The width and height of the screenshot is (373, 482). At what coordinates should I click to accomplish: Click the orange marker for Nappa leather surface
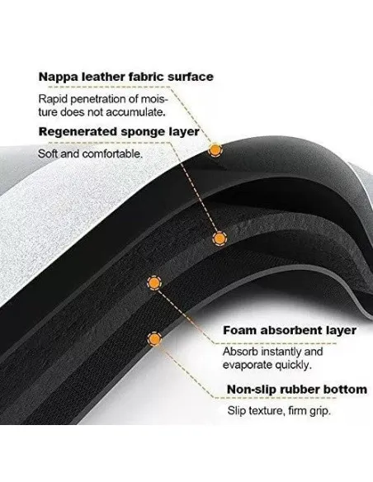pyautogui.click(x=215, y=150)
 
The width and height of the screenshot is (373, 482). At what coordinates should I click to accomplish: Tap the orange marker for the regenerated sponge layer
pyautogui.click(x=220, y=239)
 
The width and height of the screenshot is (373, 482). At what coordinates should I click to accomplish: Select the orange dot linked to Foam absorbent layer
pyautogui.click(x=154, y=283)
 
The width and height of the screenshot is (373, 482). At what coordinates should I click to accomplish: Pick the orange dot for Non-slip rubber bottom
pyautogui.click(x=154, y=338)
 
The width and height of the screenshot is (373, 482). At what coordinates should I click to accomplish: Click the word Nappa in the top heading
pyautogui.click(x=58, y=78)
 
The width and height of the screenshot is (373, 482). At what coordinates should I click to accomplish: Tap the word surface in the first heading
pyautogui.click(x=191, y=77)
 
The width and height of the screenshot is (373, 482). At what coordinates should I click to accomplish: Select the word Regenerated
pyautogui.click(x=78, y=132)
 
